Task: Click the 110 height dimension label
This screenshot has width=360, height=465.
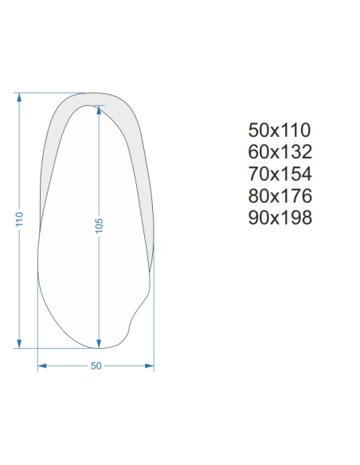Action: pos(19,219)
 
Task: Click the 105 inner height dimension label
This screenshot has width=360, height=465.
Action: pos(99,225)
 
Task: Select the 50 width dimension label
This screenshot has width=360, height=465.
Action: pos(96,366)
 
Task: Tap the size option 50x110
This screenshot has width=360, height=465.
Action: pos(280,131)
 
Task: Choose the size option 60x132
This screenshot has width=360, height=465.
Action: pos(280,152)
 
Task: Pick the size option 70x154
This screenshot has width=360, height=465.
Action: pos(280,174)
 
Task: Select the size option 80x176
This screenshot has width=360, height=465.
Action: pos(280,196)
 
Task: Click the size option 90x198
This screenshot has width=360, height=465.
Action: pos(280,217)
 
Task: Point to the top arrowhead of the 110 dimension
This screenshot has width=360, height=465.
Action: pos(19,97)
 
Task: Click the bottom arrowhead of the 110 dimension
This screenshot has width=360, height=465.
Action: pos(19,344)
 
